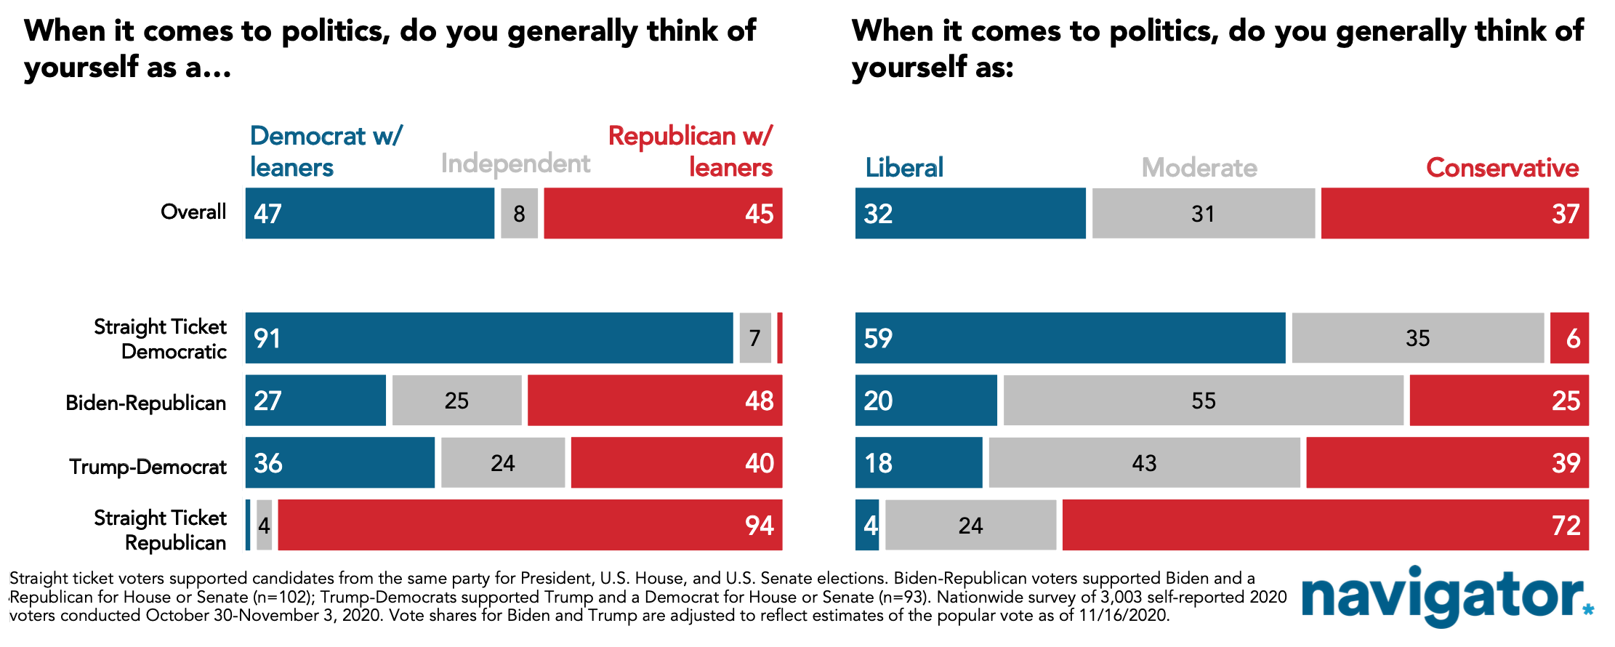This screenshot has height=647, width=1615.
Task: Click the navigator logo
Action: [1446, 596]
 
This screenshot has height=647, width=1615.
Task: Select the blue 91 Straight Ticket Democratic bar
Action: [489, 338]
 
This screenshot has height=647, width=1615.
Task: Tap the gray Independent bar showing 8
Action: [519, 213]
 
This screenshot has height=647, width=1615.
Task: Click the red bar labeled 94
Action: [530, 525]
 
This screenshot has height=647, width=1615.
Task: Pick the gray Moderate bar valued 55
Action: [1204, 401]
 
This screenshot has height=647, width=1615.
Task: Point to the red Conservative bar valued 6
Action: [1569, 338]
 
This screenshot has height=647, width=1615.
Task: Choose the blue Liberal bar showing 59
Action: [1070, 338]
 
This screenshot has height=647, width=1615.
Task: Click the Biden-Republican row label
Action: [146, 403]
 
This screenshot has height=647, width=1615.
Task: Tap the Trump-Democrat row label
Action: [148, 466]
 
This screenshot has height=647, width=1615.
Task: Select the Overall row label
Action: [193, 212]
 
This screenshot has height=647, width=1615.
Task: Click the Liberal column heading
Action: [904, 167]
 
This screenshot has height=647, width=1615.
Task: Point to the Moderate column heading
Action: [1199, 168]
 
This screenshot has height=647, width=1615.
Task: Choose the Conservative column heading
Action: [1502, 168]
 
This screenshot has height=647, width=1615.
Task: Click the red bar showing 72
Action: [1326, 525]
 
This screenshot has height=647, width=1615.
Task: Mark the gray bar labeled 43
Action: [1144, 462]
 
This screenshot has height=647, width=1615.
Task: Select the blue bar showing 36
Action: [340, 462]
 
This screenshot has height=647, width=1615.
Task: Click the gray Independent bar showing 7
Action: [755, 338]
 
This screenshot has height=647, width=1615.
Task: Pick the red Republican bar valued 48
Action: [655, 401]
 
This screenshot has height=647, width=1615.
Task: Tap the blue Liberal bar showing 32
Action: [970, 213]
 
